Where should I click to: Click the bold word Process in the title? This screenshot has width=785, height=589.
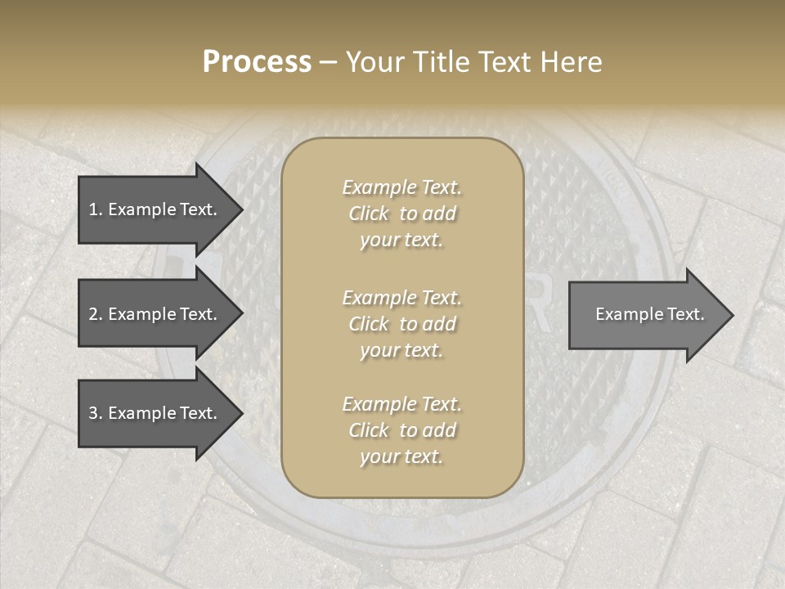(257, 62)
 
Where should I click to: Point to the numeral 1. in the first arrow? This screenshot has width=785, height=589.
(95, 209)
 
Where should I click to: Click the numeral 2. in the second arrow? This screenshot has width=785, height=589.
(95, 314)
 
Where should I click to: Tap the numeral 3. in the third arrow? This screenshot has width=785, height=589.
(95, 413)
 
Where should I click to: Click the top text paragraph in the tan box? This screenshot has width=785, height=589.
(401, 214)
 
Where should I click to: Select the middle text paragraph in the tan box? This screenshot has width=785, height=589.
(401, 324)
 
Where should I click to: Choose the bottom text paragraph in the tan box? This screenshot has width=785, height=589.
(401, 430)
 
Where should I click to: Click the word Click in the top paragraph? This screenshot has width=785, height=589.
(369, 214)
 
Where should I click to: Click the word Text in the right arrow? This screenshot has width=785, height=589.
(684, 314)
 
